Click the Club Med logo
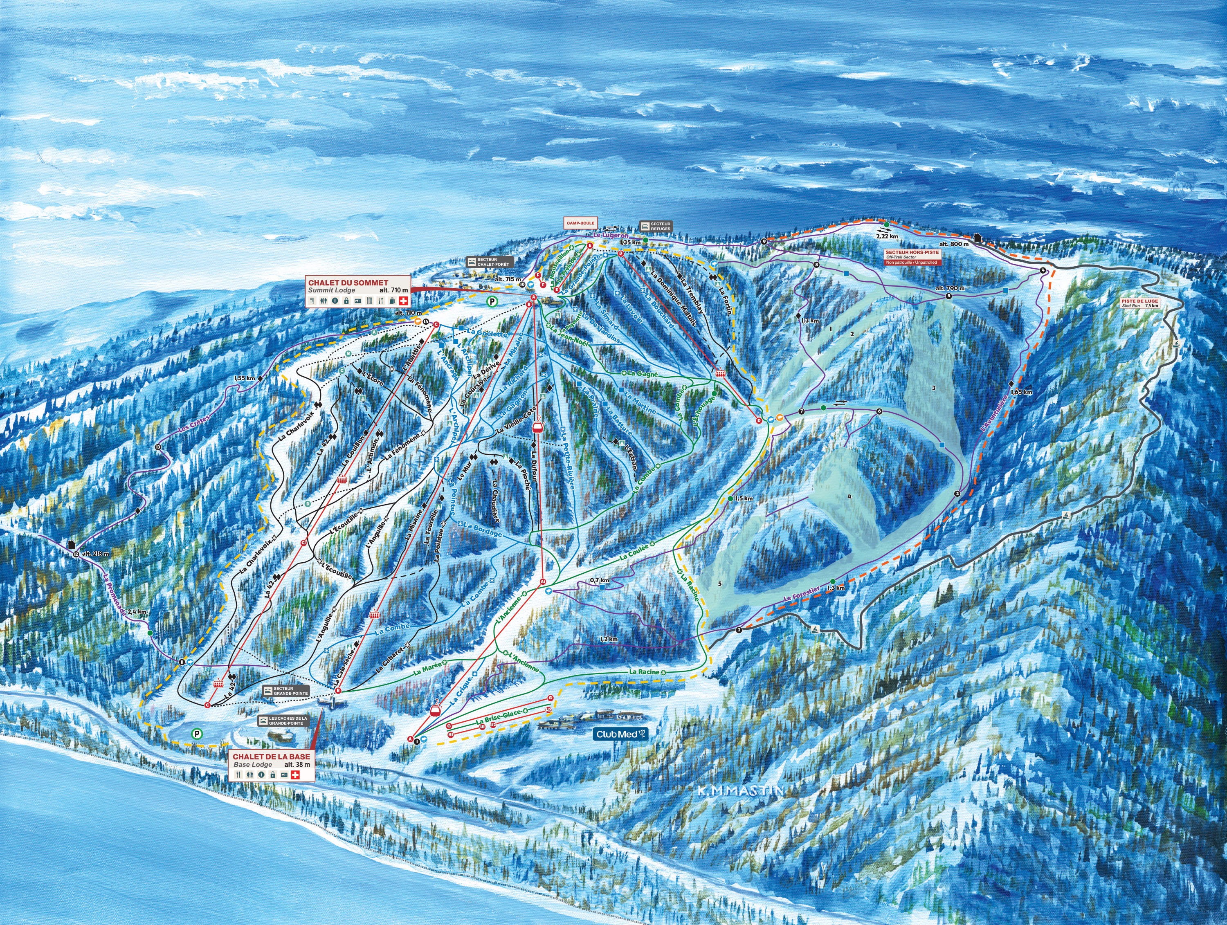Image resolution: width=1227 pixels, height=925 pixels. coord(621,734)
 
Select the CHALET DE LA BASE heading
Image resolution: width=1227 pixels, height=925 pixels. coord(271,757)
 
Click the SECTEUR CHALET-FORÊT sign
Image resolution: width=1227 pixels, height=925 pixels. coord(491,261)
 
